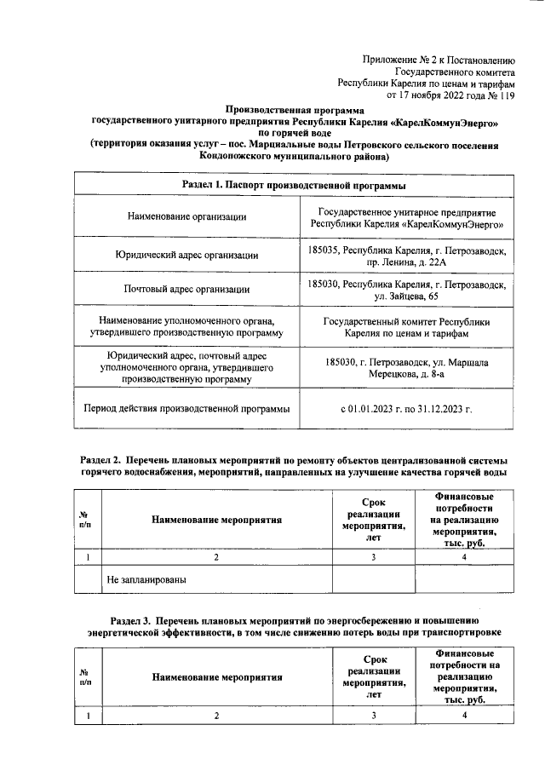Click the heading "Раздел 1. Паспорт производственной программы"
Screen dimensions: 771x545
point(294,185)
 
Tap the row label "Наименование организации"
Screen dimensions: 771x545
point(187,218)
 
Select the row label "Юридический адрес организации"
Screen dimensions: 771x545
point(187,255)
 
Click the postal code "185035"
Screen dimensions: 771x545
point(324,249)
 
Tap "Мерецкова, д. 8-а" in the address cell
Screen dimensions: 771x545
point(407,373)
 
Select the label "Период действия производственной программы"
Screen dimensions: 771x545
point(187,408)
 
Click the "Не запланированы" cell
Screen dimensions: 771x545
point(146,580)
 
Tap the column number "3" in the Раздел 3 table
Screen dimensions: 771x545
point(373,716)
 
